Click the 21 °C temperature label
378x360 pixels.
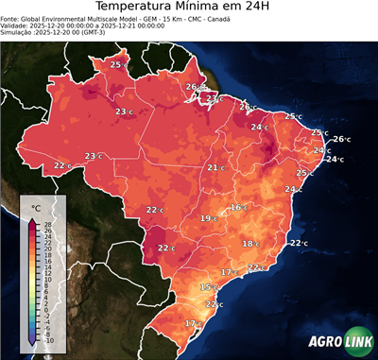pyautogui.click(x=215, y=167)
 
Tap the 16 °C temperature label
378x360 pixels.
pyautogui.click(x=238, y=207)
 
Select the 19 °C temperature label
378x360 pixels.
pyautogui.click(x=208, y=218)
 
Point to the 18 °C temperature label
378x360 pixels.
pyautogui.click(x=250, y=244)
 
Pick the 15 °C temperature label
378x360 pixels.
pyautogui.click(x=209, y=286)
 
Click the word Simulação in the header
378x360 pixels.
pyautogui.click(x=17, y=32)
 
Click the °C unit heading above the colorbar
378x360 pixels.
pyautogui.click(x=36, y=207)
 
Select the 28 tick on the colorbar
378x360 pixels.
pyautogui.click(x=47, y=224)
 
